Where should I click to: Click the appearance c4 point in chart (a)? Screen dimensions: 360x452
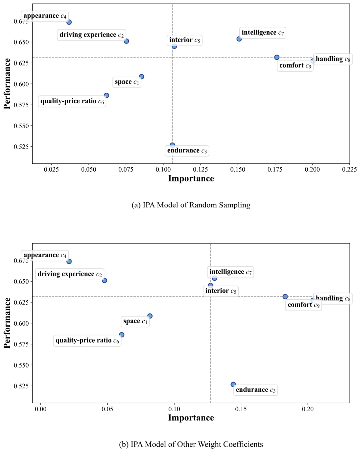point(69,22)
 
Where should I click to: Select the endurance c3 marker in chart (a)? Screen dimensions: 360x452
point(172,145)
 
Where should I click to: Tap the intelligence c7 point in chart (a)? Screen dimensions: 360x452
point(239,39)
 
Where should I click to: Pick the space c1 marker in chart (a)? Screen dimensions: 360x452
point(141,77)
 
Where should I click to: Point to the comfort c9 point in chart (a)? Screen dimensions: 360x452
point(277,57)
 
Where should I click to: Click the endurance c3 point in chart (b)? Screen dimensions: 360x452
point(233,384)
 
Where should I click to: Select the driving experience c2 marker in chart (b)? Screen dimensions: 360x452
point(105,280)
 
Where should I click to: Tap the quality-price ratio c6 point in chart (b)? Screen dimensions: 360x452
point(122,335)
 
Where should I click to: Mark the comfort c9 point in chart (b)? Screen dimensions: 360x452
point(285,297)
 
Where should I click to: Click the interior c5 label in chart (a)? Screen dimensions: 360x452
point(185,40)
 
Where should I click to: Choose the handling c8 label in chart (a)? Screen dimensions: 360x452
point(333,60)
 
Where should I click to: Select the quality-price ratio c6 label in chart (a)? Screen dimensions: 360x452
point(72,101)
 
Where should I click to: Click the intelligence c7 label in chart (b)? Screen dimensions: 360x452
point(230,272)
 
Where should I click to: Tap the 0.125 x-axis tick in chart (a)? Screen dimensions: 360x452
point(201,169)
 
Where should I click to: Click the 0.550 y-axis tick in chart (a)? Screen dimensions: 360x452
point(21,126)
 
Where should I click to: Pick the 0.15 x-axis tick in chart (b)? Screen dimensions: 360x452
point(241,409)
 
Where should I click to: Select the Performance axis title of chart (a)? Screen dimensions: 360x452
point(7,84)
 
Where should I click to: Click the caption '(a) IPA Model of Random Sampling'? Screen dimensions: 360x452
point(191,205)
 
